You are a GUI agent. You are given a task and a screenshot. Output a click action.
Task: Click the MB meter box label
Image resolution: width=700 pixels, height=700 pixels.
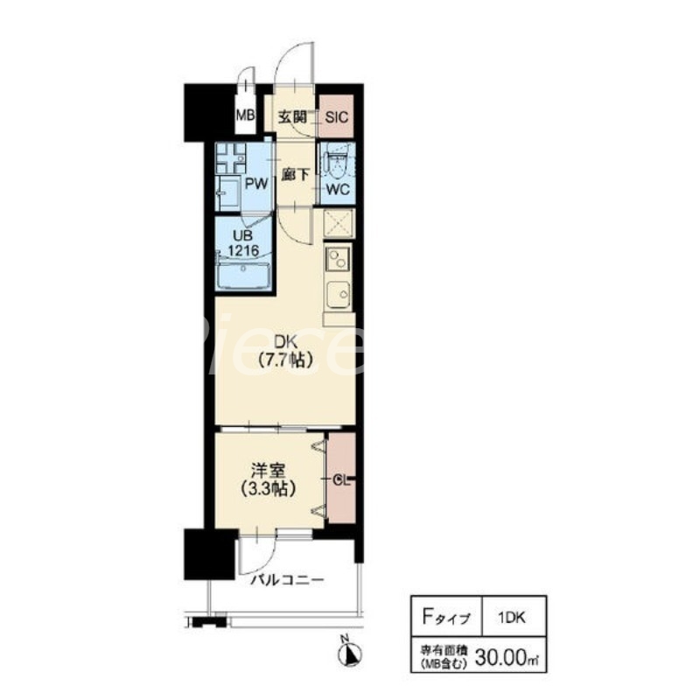click(x=245, y=115)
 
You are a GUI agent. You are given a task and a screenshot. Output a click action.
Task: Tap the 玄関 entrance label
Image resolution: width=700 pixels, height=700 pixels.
click(x=292, y=117)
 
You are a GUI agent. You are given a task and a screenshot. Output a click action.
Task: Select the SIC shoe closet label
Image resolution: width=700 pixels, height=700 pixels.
click(x=336, y=117)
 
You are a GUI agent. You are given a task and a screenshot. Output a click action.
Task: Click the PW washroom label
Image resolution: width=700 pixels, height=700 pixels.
click(x=256, y=184)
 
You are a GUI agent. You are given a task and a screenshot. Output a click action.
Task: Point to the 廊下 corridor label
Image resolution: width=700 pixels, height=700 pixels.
click(x=295, y=175)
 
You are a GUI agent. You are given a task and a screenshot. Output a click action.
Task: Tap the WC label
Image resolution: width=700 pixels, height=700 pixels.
click(x=338, y=189)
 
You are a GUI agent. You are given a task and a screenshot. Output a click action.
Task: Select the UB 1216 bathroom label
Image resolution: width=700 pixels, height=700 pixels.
click(x=243, y=242)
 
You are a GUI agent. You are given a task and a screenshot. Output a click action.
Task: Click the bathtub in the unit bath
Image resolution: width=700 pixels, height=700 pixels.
click(x=243, y=276)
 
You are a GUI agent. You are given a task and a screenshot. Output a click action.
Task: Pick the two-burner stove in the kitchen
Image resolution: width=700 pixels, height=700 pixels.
click(x=338, y=258)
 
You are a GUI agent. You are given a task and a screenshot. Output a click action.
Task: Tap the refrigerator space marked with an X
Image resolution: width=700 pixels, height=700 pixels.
click(x=338, y=222)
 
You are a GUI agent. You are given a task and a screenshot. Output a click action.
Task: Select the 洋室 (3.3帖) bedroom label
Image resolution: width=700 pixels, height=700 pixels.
click(x=269, y=480)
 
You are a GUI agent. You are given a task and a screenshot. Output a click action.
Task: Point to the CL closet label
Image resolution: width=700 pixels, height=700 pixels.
click(x=341, y=479)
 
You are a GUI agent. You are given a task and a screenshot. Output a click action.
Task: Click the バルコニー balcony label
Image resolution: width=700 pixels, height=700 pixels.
click(x=287, y=580)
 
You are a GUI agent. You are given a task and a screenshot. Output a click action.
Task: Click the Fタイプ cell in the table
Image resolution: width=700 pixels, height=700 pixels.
click(x=446, y=617)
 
